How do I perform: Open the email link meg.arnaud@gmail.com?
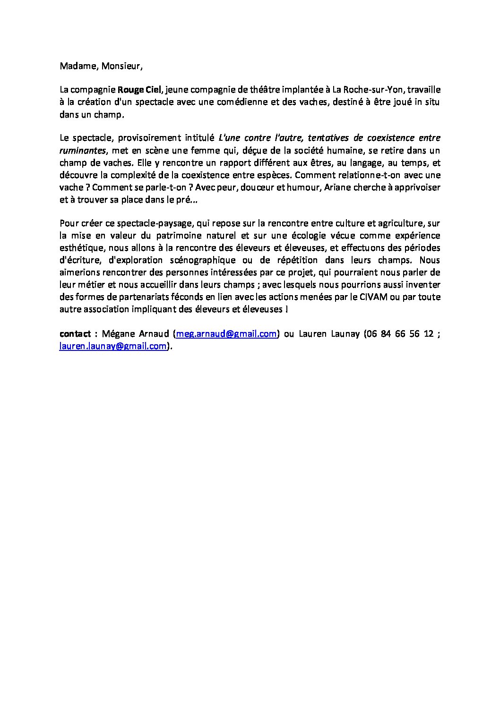coord(226,334)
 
